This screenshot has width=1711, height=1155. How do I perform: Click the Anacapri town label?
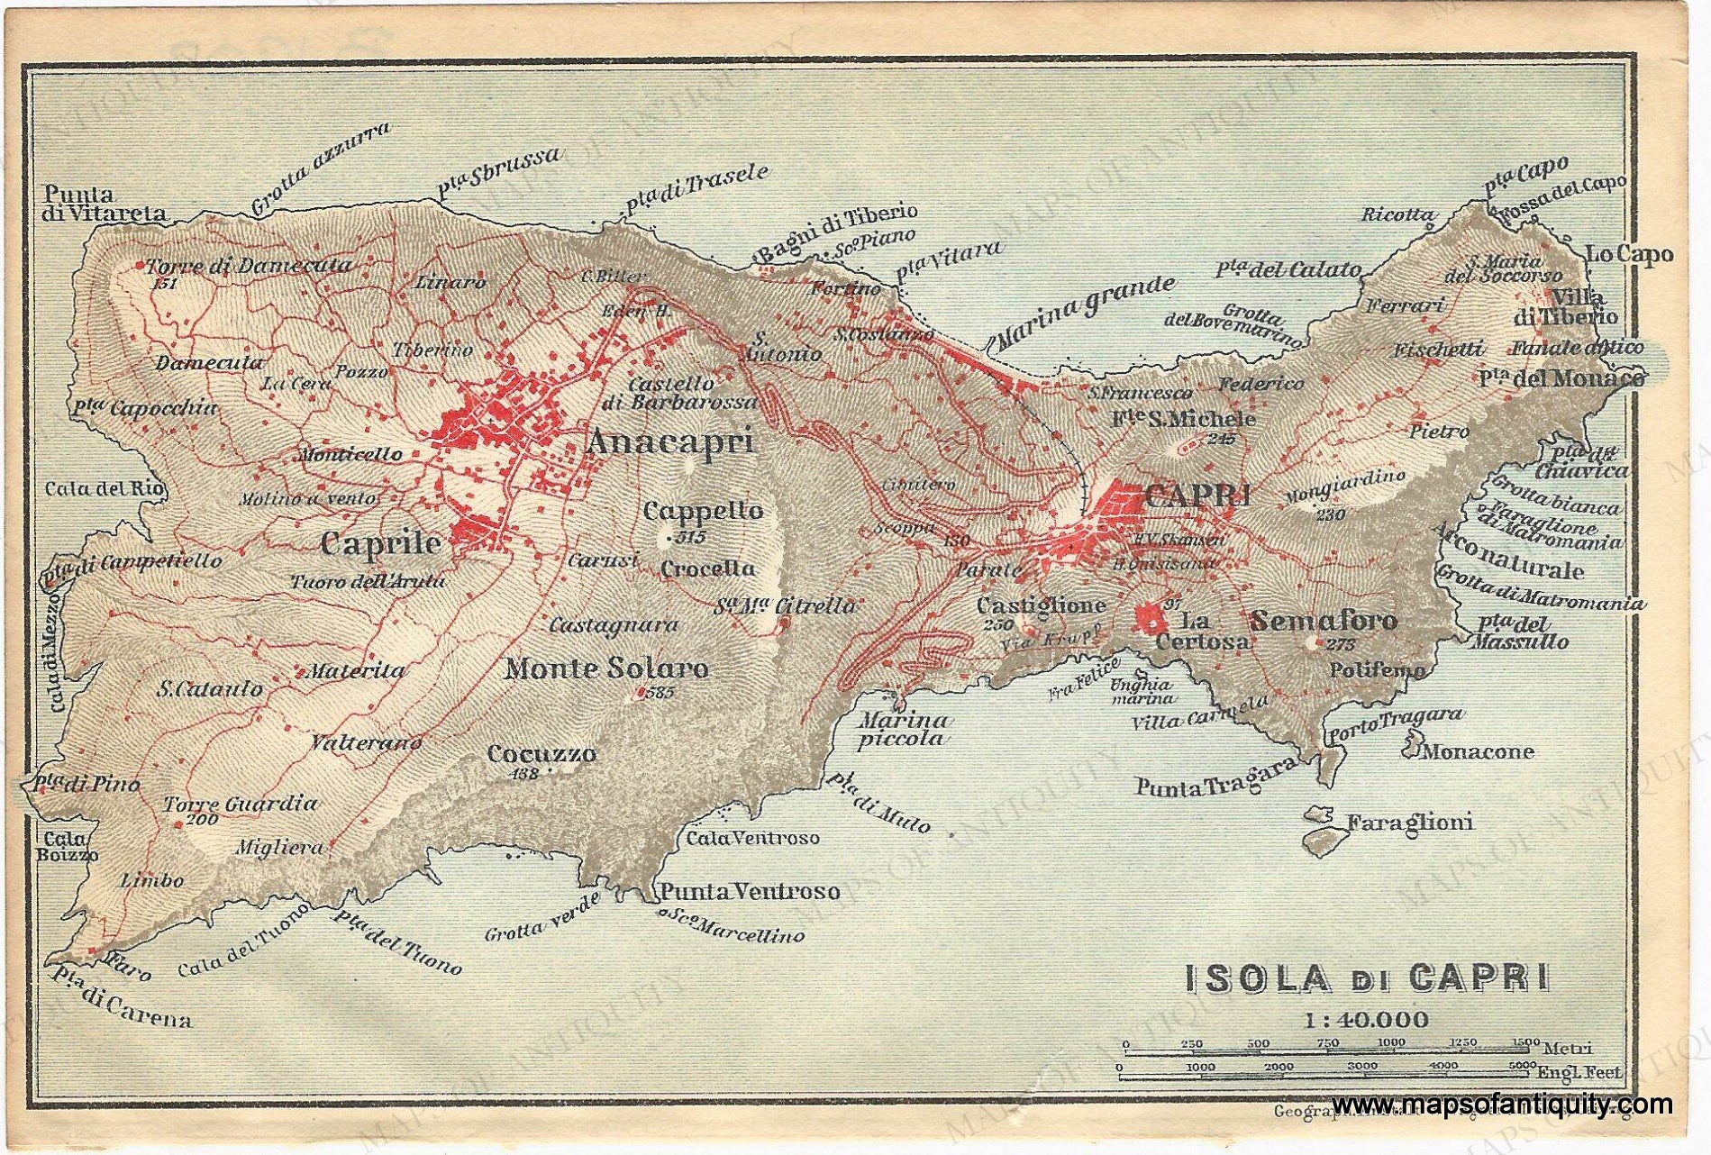[669, 442]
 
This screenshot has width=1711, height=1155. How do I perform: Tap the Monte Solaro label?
[606, 668]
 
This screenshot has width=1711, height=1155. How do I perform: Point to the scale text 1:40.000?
[1365, 1020]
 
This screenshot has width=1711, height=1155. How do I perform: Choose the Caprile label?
[381, 543]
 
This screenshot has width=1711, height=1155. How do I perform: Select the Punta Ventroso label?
[750, 892]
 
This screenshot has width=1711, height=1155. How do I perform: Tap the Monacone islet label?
[1476, 751]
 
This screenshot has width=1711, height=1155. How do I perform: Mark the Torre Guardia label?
[240, 804]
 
